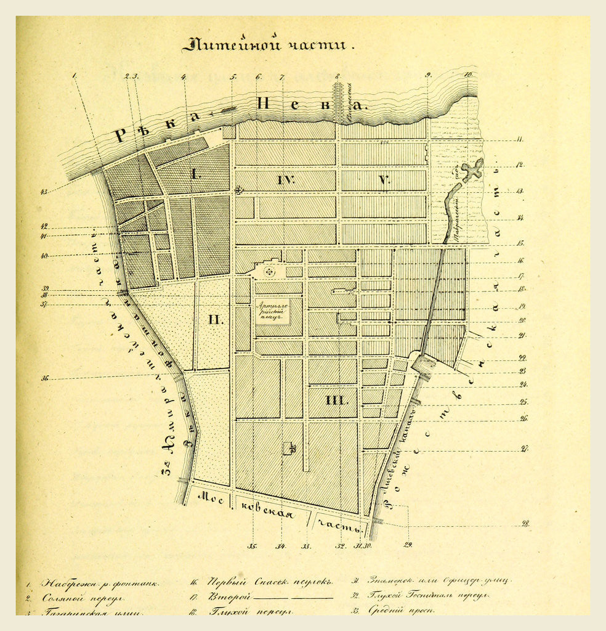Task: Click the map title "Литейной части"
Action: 269,45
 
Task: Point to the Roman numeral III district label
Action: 336,400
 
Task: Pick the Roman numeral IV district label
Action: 286,181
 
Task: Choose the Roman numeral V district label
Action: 384,181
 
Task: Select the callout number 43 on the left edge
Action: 44,192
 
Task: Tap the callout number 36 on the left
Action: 45,378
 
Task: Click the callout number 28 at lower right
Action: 525,524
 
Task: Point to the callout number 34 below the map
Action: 281,546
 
